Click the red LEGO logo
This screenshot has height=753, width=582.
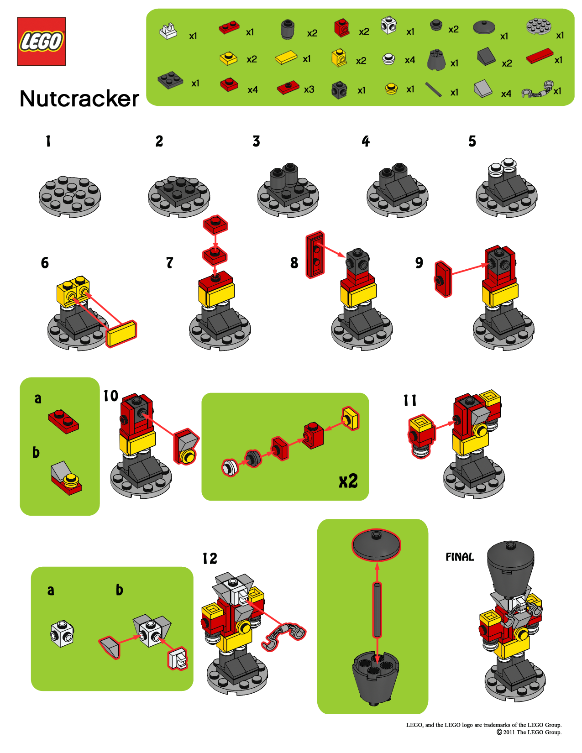coord(41,42)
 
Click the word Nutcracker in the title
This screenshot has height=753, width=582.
coord(79,99)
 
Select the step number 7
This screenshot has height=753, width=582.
coord(170,263)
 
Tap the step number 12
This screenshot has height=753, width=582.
coord(210,559)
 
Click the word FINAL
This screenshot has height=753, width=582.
coord(459,557)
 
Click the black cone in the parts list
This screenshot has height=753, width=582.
coord(436,60)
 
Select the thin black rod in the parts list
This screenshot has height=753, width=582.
coord(433,89)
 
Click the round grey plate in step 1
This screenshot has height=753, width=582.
coord(69,197)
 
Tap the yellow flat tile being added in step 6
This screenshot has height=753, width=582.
coord(121,334)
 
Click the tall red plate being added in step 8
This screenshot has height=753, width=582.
coord(315,254)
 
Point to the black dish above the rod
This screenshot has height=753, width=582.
coord(376,544)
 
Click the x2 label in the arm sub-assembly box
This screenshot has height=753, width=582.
coord(348,481)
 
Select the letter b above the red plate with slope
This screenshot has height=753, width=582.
coord(36,452)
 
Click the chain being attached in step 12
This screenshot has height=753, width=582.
coord(283,635)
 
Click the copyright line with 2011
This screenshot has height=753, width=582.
coord(529,732)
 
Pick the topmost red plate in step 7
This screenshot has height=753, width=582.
coord(215,225)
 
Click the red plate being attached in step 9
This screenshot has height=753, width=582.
coord(443,279)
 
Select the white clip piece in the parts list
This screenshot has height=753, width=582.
coord(168,31)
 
